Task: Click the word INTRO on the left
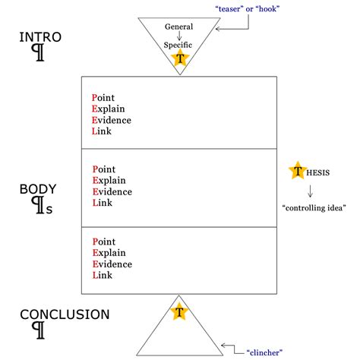(x=39, y=37)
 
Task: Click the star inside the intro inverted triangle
(x=180, y=58)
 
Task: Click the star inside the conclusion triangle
(x=179, y=311)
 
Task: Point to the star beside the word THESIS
(x=297, y=172)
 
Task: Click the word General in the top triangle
(x=180, y=27)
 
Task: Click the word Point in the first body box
(x=105, y=97)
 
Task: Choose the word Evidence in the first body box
(x=111, y=120)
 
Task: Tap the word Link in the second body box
(x=103, y=203)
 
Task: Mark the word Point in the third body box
(x=105, y=242)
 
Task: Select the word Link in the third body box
(x=103, y=275)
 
